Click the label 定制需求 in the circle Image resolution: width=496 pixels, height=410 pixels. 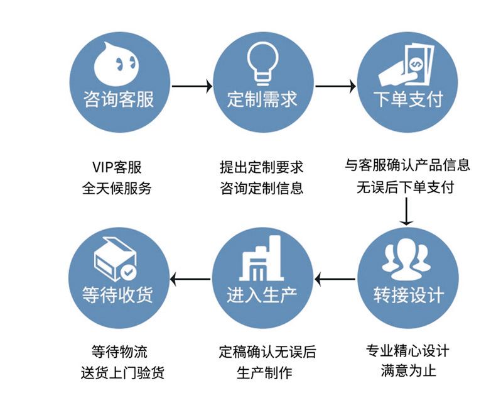tap(262, 99)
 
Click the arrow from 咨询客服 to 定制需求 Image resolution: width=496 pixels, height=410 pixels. tap(190, 85)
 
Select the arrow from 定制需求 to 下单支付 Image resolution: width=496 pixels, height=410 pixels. tap(334, 85)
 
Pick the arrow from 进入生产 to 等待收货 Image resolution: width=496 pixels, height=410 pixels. tap(191, 278)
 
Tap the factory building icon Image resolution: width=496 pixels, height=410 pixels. tap(262, 258)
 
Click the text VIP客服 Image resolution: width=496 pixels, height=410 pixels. tap(117, 167)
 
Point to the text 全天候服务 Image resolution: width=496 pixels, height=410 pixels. tap(117, 188)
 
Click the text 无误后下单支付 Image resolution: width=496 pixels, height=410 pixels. tap(407, 187)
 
